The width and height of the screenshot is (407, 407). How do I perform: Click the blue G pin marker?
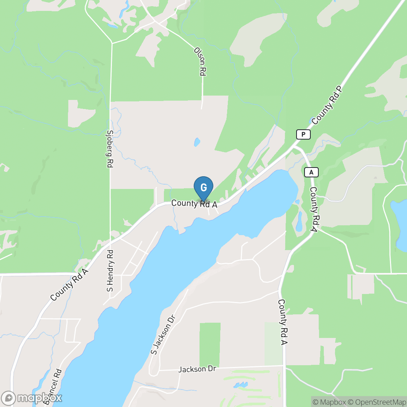(203, 188)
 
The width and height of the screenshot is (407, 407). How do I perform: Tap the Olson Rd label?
(200, 61)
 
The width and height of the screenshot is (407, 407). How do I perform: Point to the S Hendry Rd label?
(110, 271)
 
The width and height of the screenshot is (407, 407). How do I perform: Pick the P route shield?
(303, 134)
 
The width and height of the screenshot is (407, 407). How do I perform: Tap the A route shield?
(311, 172)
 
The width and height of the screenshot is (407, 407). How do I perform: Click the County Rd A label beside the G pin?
(194, 204)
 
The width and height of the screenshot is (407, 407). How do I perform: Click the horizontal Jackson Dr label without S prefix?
(197, 369)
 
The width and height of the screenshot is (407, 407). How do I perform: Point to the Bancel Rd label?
(53, 387)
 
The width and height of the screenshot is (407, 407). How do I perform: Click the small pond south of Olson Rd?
(197, 142)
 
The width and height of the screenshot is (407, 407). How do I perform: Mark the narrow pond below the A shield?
(299, 221)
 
